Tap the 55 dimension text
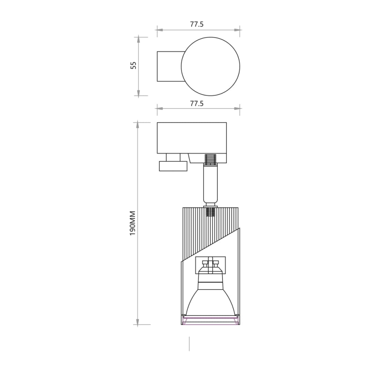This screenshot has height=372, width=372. [x=133, y=66]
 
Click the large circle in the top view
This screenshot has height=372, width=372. [x=210, y=66]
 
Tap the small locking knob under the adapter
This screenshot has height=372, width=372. [x=173, y=165]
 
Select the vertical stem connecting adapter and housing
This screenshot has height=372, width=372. [x=210, y=184]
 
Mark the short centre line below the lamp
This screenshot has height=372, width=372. [x=189, y=343]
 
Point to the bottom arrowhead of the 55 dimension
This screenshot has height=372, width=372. [x=138, y=93]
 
